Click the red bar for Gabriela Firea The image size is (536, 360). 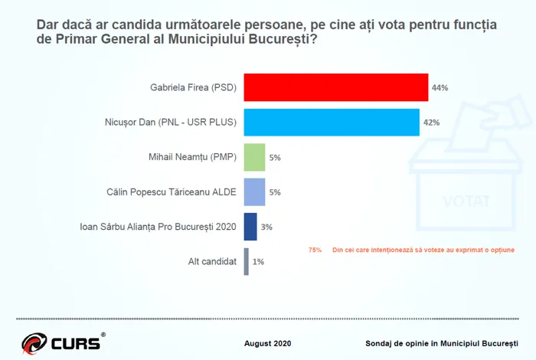(335, 87)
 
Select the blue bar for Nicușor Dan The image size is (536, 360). (331, 122)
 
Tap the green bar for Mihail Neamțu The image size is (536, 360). (254, 157)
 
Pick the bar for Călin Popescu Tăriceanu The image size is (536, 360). (254, 191)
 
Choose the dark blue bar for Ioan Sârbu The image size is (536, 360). (250, 227)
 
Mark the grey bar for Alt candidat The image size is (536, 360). (246, 261)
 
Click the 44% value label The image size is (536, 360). (440, 88)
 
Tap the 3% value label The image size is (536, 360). (266, 227)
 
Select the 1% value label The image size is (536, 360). (258, 262)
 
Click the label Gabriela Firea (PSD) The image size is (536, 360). (193, 88)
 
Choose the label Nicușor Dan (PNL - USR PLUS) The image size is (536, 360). (170, 123)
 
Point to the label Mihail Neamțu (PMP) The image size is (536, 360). (192, 158)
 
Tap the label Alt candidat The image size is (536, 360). (212, 262)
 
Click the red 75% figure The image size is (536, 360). (315, 250)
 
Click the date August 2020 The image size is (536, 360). (267, 342)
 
